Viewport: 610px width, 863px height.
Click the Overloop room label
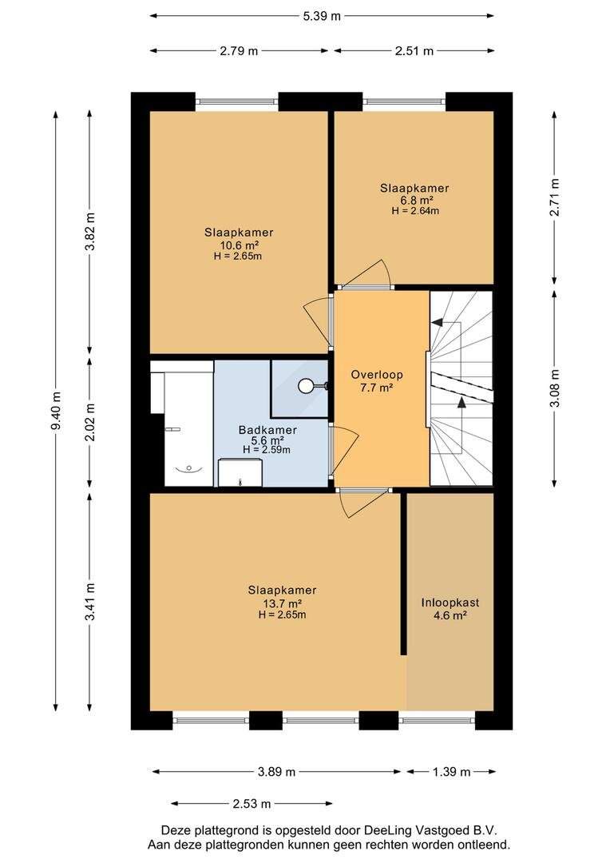click(x=377, y=375)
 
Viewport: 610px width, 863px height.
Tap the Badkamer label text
click(x=267, y=430)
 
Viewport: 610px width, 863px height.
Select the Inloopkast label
click(x=450, y=603)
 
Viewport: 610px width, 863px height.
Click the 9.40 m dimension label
click(x=55, y=410)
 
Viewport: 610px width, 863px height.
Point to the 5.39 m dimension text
click(x=322, y=16)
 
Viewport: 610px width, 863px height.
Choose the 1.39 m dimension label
click(x=451, y=772)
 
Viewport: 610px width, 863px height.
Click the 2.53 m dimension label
click(x=252, y=804)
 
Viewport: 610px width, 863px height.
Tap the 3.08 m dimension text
click(x=555, y=388)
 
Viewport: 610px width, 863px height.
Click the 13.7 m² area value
click(x=282, y=603)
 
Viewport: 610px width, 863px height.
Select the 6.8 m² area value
click(x=415, y=200)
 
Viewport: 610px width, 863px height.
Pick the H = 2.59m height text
click(x=267, y=450)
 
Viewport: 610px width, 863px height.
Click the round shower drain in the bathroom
click(x=305, y=386)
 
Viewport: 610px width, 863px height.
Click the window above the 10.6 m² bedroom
click(x=237, y=101)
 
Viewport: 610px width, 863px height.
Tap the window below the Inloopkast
click(x=437, y=719)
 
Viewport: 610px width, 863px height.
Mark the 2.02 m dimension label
click(x=90, y=422)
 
